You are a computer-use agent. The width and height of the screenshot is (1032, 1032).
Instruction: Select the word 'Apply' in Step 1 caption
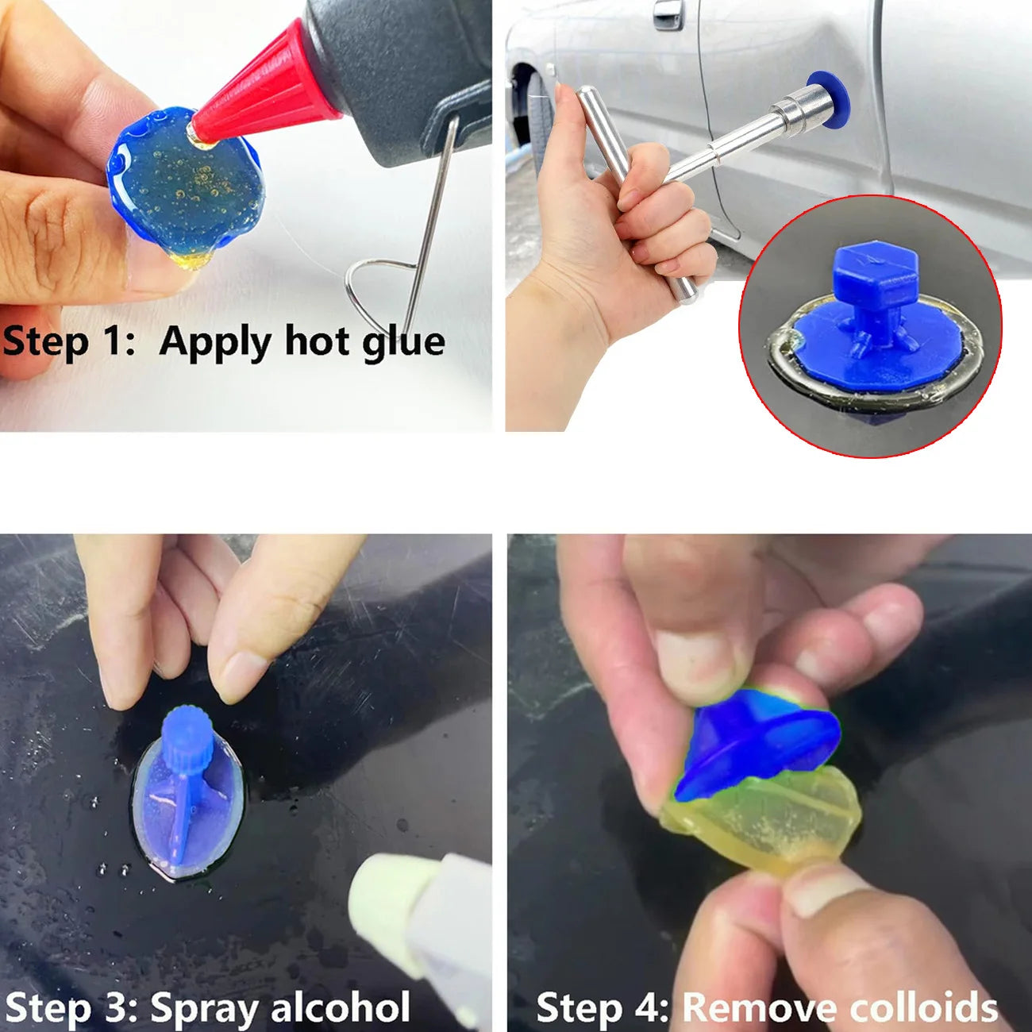click(x=215, y=343)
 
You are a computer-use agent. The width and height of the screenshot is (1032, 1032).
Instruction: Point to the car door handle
click(x=668, y=13)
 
